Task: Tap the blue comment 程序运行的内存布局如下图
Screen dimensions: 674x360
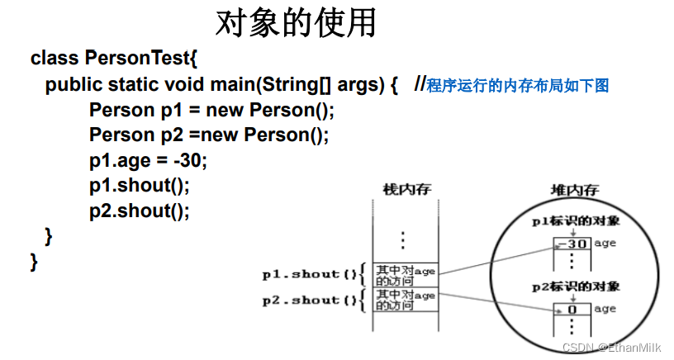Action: [x=518, y=86]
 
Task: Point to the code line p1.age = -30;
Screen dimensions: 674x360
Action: [x=149, y=160]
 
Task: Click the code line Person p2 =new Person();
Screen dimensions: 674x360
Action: [x=209, y=135]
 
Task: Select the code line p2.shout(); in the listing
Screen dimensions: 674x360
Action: [x=140, y=211]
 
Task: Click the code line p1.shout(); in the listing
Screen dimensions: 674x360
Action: [x=140, y=185]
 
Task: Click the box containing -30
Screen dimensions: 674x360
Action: [x=572, y=244]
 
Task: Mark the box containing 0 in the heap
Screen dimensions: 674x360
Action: [x=572, y=310]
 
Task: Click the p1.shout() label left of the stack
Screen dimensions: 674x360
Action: [x=310, y=274]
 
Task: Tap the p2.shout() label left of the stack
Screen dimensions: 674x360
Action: [x=310, y=300]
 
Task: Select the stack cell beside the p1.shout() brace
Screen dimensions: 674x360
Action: [x=405, y=275]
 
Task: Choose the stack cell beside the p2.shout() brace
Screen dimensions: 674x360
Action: [x=405, y=300]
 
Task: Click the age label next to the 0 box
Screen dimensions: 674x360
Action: [x=605, y=309]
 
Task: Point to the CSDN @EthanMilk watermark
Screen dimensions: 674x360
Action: [x=611, y=348]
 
